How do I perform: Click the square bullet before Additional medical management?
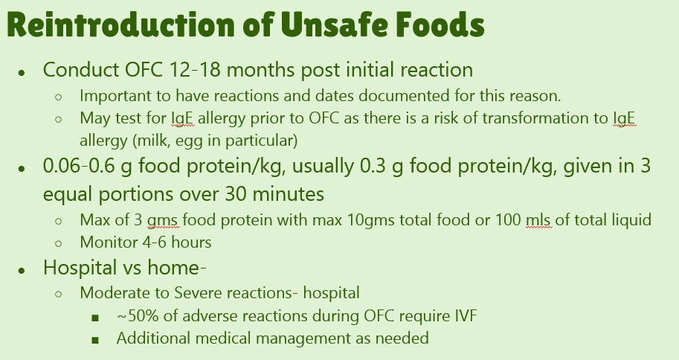click(95, 340)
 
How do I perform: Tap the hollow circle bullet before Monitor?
click(59, 243)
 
